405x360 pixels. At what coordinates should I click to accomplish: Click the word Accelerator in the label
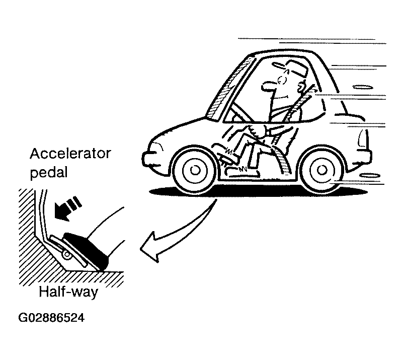70,154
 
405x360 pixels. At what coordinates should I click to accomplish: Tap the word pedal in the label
49,173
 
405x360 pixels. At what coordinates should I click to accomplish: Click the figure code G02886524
51,318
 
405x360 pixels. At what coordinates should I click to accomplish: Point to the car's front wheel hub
195,170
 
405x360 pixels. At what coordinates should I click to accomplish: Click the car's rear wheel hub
321,170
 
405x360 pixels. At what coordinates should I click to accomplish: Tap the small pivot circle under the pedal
67,255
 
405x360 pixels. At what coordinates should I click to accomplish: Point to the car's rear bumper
367,157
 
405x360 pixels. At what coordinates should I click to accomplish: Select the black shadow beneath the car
258,191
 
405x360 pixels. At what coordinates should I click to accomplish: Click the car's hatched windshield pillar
227,88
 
